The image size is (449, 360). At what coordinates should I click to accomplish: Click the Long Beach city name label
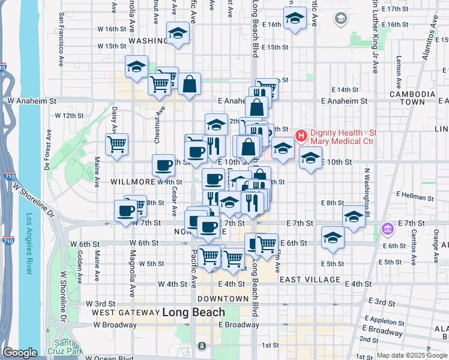[194, 312]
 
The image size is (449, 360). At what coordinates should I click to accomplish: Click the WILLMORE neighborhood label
[133, 181]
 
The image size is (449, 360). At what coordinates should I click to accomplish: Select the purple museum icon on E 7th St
[387, 229]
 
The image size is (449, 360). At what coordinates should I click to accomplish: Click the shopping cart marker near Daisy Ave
[116, 144]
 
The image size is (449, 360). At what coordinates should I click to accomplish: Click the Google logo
[20, 353]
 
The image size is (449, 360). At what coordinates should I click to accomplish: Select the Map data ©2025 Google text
[412, 355]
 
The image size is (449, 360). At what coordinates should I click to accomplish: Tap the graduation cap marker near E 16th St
[295, 18]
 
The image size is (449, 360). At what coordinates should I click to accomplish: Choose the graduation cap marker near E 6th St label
[333, 238]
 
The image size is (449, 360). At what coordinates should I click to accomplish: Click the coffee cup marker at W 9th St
[164, 165]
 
